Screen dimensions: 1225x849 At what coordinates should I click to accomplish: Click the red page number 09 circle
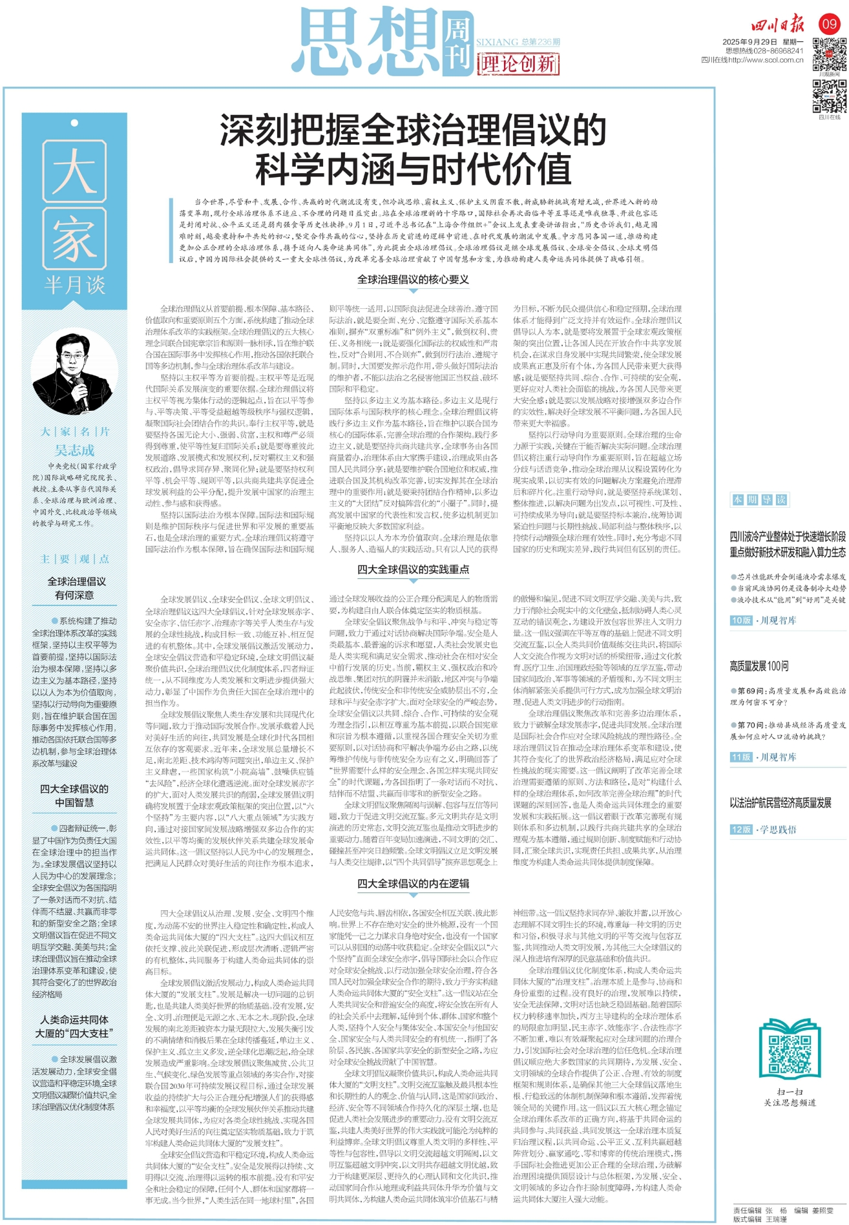click(x=829, y=25)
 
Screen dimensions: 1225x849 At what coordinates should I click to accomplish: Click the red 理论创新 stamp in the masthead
click(x=518, y=64)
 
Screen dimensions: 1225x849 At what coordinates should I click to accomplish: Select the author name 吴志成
click(x=74, y=450)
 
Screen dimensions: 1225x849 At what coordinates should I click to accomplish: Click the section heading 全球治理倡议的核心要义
click(x=413, y=280)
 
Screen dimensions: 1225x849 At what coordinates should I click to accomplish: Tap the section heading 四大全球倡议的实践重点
click(x=413, y=569)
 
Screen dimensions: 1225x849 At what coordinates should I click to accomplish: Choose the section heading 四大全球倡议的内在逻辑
click(x=413, y=883)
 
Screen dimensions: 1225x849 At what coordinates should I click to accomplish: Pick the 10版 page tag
click(x=741, y=620)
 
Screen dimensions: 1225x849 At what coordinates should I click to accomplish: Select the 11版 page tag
click(x=741, y=757)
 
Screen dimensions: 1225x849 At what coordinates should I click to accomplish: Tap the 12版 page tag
click(x=741, y=829)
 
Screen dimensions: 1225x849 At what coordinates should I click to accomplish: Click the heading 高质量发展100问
click(x=759, y=665)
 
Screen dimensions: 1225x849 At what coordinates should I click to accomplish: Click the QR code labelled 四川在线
click(x=829, y=97)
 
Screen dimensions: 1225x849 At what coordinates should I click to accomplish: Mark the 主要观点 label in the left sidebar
click(x=74, y=559)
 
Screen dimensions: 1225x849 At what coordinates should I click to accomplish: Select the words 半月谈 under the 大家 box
click(x=74, y=285)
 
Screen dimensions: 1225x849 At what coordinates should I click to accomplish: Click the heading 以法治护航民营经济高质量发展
click(x=781, y=803)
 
